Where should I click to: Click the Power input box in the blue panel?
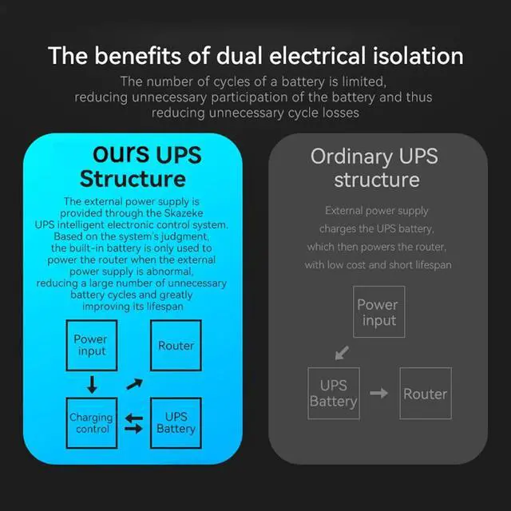click(x=90, y=345)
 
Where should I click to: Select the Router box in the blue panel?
click(x=176, y=345)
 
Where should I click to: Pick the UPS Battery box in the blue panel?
click(x=176, y=422)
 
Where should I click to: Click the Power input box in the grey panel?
click(x=378, y=312)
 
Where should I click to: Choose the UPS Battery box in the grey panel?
click(x=334, y=393)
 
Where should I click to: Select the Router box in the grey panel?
click(x=425, y=393)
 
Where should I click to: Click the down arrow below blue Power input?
click(x=92, y=385)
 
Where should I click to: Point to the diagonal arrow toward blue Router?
click(x=133, y=385)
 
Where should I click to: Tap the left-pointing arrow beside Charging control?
click(x=134, y=416)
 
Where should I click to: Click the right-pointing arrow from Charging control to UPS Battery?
click(x=134, y=430)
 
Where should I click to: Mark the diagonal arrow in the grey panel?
click(x=342, y=352)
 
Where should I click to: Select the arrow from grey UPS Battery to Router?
click(x=379, y=394)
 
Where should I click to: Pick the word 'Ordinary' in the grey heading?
click(x=349, y=156)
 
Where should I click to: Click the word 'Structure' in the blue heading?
click(x=133, y=177)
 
